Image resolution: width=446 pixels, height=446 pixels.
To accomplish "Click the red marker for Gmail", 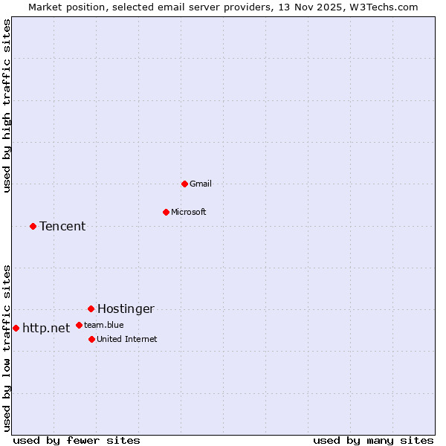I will click(184, 184).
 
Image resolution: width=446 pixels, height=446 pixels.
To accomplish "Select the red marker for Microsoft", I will click(166, 212).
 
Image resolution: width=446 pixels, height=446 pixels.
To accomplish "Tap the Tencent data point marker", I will click(33, 226).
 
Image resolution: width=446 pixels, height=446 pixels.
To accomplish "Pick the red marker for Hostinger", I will click(91, 308).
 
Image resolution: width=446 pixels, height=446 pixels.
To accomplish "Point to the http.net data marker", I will click(16, 328).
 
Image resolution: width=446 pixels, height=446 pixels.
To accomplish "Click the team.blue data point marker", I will click(79, 325).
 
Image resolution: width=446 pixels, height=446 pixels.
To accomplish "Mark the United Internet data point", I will click(91, 339).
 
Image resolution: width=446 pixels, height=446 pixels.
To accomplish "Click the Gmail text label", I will click(201, 184).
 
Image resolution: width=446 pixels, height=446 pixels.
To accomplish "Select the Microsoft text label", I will click(189, 212).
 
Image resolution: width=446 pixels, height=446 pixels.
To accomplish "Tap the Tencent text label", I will click(62, 226).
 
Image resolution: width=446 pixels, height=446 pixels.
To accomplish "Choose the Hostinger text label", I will click(126, 308).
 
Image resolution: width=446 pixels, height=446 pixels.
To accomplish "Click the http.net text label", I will click(46, 328).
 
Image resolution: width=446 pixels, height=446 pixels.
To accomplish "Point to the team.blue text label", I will click(104, 325).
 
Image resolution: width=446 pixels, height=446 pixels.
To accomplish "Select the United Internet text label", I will click(127, 339).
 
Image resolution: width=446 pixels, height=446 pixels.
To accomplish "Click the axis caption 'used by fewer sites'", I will click(77, 440).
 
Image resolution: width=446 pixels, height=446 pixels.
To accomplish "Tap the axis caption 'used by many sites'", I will click(373, 440).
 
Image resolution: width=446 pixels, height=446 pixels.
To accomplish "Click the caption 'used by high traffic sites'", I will click(7, 106).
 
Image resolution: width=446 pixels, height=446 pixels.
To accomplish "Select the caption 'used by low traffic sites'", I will click(7, 347).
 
